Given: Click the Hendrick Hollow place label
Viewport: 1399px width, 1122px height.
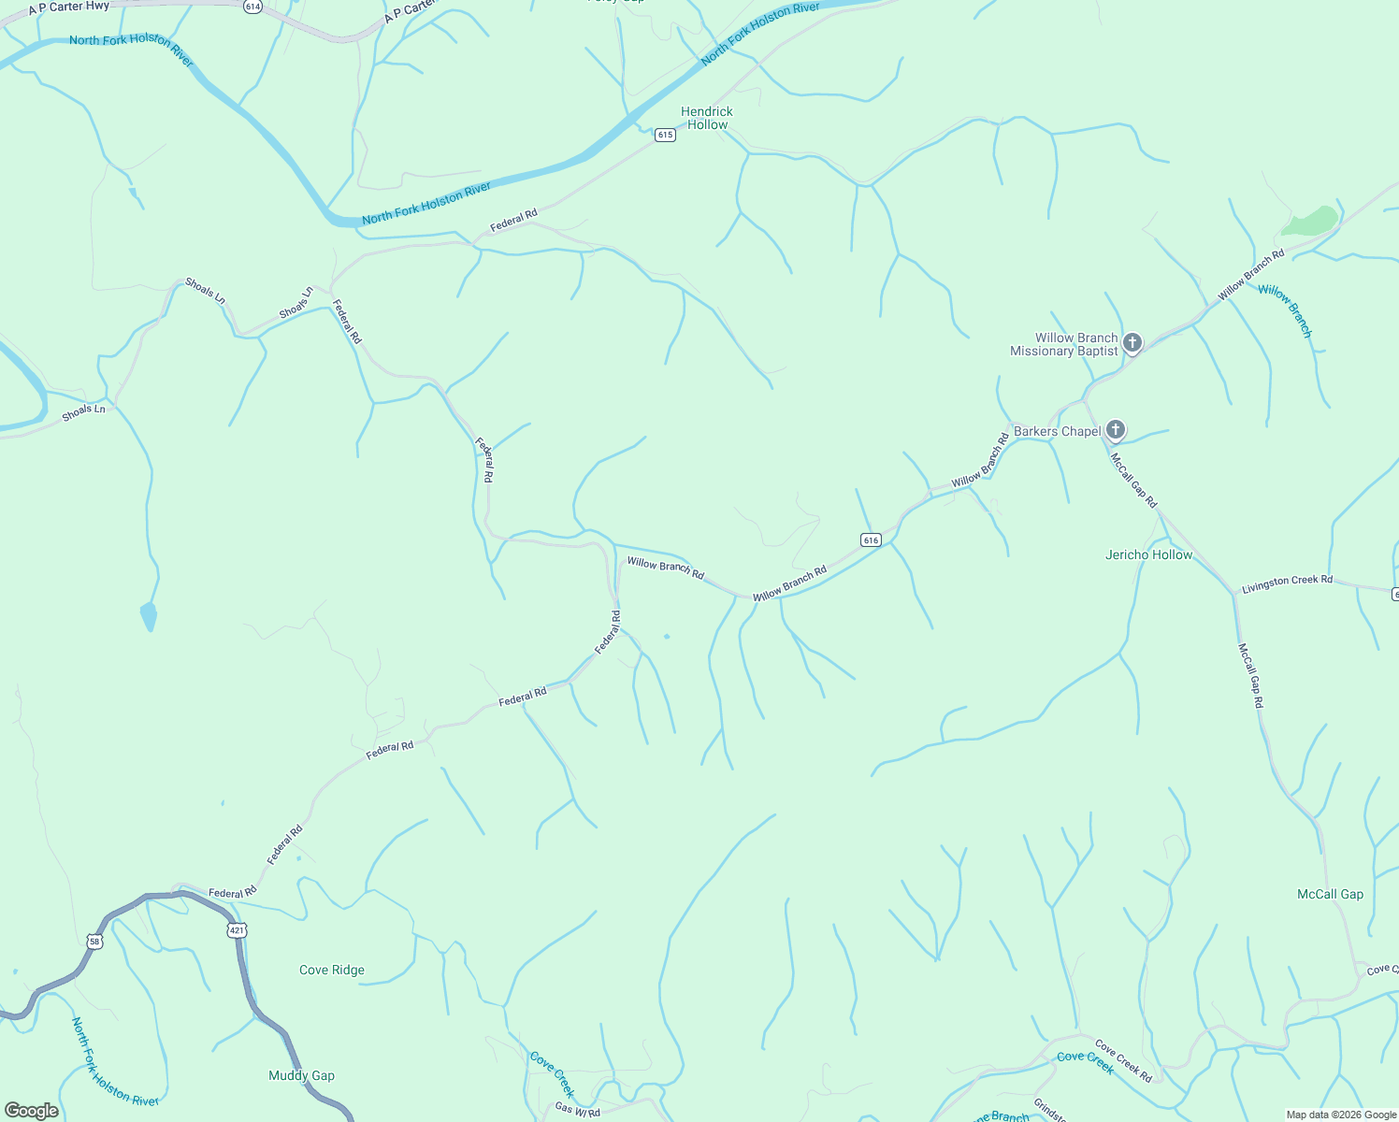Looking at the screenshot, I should pos(707,118).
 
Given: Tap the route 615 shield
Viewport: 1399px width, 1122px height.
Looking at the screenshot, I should pos(665,135).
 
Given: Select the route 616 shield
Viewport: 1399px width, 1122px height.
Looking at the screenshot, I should pos(871,539).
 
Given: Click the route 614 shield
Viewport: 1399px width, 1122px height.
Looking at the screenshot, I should pos(252,6).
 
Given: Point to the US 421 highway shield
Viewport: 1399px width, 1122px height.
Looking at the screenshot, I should pos(237,929).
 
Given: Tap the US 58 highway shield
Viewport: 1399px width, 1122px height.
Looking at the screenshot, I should pos(94,941).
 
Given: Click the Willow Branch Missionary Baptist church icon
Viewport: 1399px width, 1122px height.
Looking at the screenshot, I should pos(1132,342).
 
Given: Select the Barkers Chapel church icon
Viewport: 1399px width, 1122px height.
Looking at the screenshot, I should pos(1115,430).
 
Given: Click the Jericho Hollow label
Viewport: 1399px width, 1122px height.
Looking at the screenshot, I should pos(1148,554).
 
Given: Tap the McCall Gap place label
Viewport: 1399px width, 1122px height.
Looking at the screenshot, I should pos(1330,894).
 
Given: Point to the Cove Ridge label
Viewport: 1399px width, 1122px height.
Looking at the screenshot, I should pos(332,970).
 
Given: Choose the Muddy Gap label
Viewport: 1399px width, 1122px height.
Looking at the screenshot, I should pos(301,1075).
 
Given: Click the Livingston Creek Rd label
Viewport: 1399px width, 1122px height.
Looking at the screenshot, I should pos(1287,583).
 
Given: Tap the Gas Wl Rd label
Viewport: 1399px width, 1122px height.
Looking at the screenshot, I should pos(577,1110).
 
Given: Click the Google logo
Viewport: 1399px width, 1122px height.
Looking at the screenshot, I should pos(32,1111).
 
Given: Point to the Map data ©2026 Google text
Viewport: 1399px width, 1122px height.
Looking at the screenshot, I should pos(1341,1115).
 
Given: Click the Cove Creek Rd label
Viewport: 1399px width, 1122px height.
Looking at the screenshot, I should pos(1123,1061).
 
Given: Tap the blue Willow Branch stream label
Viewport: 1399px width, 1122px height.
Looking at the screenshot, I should pos(1285,310).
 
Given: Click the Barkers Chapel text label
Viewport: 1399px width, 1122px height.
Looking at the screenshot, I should pos(1058,431).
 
